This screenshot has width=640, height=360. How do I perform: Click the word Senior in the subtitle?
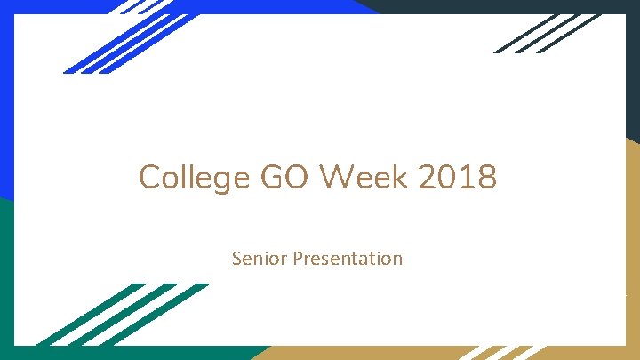(255, 259)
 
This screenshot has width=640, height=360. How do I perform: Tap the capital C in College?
(149, 178)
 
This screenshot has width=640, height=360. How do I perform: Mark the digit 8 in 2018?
(486, 178)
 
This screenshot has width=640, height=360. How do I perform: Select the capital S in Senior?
(236, 259)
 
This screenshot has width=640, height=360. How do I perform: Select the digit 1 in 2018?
(465, 178)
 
